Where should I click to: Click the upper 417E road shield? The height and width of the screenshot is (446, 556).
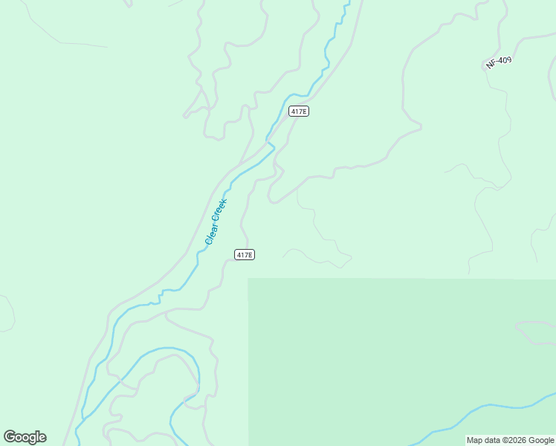[x=298, y=111]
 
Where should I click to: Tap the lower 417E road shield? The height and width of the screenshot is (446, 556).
[x=245, y=254]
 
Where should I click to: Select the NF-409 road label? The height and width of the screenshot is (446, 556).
[x=499, y=63]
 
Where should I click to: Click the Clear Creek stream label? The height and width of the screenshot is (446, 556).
[x=216, y=222]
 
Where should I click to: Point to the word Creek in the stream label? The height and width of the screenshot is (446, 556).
[x=221, y=210]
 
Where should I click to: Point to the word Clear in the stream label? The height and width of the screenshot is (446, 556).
[x=210, y=235]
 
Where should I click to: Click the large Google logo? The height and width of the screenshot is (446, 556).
[x=25, y=437]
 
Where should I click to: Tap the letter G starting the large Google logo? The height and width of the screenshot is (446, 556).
[x=10, y=436]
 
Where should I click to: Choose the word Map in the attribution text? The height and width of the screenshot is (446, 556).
[x=475, y=440]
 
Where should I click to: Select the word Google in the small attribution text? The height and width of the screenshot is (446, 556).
[x=541, y=440]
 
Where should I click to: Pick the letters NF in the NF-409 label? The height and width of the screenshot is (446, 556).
[x=491, y=66]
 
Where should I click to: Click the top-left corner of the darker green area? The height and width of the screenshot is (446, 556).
[x=248, y=279]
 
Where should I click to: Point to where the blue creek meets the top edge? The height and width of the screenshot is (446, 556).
[x=346, y=2]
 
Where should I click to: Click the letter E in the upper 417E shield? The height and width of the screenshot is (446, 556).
[x=304, y=111]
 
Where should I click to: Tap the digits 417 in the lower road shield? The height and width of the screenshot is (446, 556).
[x=242, y=254]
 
